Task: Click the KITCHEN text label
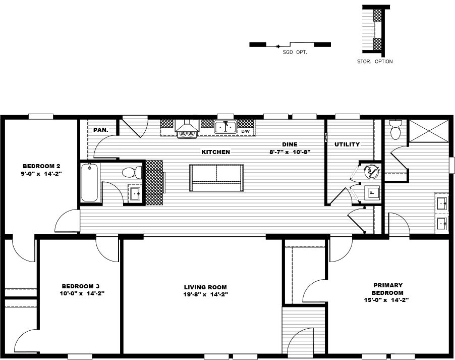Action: [x=215, y=152]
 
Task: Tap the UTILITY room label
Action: [x=347, y=144]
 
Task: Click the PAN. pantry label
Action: [x=101, y=130]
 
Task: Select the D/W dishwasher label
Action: [x=246, y=131]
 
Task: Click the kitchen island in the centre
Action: [x=216, y=178]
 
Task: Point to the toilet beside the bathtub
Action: [x=130, y=173]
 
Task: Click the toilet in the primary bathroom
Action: [x=395, y=130]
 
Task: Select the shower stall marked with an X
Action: [x=428, y=132]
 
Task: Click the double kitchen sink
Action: [x=225, y=127]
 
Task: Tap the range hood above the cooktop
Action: [x=186, y=125]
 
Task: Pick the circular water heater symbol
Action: [x=372, y=172]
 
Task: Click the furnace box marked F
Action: [x=372, y=192]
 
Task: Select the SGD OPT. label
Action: [x=295, y=52]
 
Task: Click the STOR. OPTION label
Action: [x=374, y=62]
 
